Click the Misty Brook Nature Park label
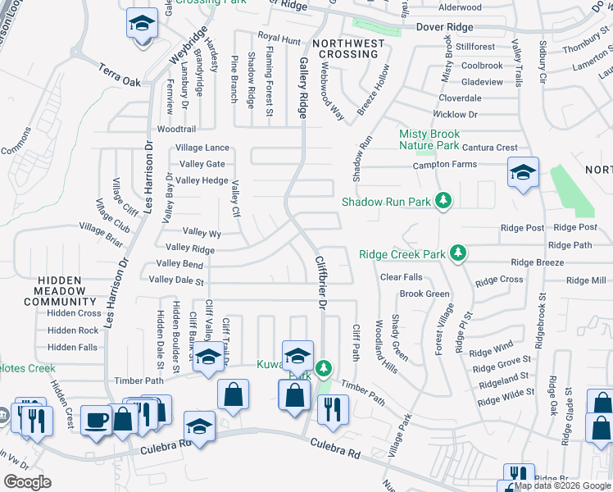(429, 139)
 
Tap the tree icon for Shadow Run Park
(443, 201)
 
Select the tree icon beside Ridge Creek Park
(459, 254)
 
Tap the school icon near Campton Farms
(523, 172)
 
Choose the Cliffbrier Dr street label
(321, 281)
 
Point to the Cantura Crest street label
(489, 148)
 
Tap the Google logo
(28, 482)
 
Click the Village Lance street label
(202, 148)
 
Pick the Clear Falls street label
(402, 277)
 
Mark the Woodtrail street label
(176, 130)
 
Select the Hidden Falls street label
(73, 348)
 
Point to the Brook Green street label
(425, 294)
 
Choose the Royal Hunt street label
(279, 39)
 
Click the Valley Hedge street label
(202, 180)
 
